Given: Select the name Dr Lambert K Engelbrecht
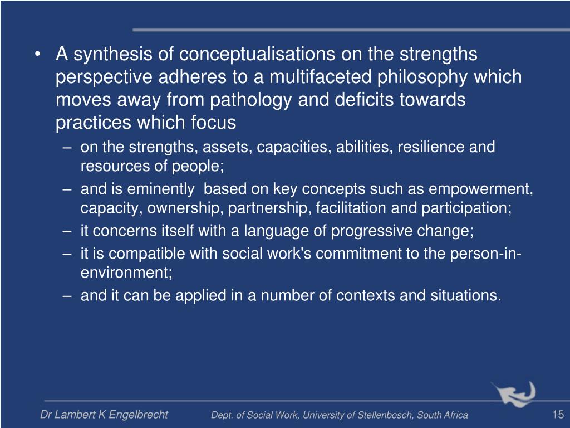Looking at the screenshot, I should click(104, 415).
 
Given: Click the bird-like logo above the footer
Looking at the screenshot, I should click(513, 393).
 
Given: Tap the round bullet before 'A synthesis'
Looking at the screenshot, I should click(37, 55).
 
